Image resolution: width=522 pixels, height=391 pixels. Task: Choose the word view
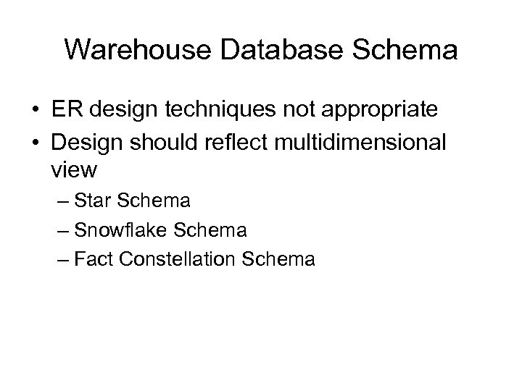[73, 171]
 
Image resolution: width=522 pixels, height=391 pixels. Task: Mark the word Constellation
[178, 259]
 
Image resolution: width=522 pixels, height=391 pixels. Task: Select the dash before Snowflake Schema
[62, 232]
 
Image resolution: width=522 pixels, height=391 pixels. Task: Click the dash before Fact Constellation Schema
[62, 260]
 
